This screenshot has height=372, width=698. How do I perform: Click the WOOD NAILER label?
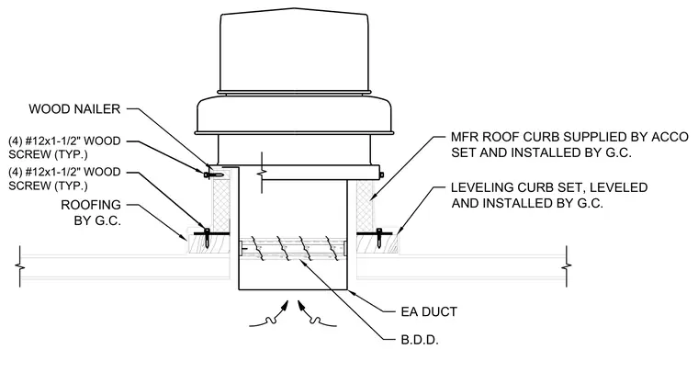pos(74,108)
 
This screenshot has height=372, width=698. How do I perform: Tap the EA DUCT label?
pos(429,311)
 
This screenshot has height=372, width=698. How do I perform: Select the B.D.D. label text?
pos(420,341)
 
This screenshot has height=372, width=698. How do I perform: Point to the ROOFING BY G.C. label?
pos(91,212)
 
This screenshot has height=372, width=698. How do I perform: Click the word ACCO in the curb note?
pos(670,137)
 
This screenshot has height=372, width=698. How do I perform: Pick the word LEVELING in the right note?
pos(480,187)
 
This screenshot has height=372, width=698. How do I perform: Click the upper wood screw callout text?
pos(64,148)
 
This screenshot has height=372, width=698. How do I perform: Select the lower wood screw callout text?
pos(64,178)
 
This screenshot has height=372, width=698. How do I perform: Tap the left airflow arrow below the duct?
pos(268,315)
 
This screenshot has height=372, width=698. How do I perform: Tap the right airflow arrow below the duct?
pos(317,315)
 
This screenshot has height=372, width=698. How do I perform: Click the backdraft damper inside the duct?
pos(293,250)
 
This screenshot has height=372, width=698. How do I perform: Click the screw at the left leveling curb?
pos(207,236)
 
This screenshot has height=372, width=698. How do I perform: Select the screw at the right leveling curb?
pos(378,236)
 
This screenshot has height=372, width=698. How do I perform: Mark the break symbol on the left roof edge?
pos(20,266)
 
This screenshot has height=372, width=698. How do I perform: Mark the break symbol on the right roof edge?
pos(567,266)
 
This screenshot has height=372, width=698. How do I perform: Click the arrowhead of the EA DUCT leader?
pos(350,291)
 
